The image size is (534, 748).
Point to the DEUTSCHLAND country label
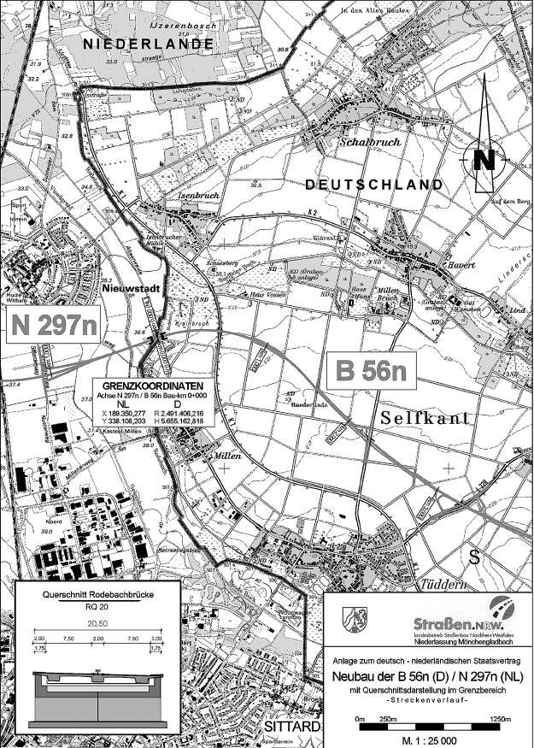pos(373,185)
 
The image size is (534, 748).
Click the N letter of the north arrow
pos(484,160)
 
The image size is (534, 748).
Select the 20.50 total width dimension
pos(96,624)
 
